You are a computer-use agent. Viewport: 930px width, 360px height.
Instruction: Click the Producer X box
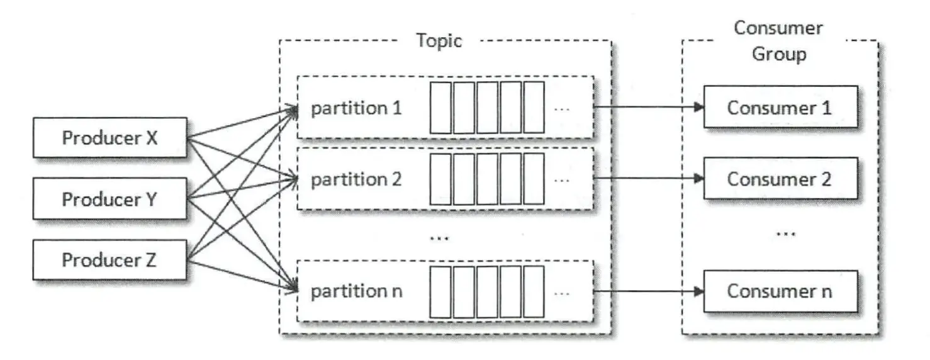coord(109,137)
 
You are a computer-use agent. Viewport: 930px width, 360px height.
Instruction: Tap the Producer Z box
coord(109,259)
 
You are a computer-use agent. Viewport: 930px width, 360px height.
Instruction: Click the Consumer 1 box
coord(780,107)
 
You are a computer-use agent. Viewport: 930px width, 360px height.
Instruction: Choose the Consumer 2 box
coord(780,179)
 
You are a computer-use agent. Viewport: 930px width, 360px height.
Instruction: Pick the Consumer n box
coord(780,291)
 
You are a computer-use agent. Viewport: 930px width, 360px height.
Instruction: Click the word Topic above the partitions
coord(439,41)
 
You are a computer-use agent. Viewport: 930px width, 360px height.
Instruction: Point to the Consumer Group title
coord(779,41)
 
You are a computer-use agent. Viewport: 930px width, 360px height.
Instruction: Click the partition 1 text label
coord(356,108)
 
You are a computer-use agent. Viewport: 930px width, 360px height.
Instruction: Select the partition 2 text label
coord(356,179)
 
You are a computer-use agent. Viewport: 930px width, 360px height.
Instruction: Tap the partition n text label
coord(357,291)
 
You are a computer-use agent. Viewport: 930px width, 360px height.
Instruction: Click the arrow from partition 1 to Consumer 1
coord(648,107)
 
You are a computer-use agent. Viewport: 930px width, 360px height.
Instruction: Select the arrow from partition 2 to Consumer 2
coord(648,179)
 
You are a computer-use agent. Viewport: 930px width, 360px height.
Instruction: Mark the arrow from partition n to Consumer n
coord(648,291)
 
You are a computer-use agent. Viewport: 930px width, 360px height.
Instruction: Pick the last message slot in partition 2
coord(534,179)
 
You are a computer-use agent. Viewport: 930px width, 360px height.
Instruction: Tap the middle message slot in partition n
coord(487,291)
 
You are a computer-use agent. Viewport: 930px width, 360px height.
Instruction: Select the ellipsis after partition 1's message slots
coord(562,108)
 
